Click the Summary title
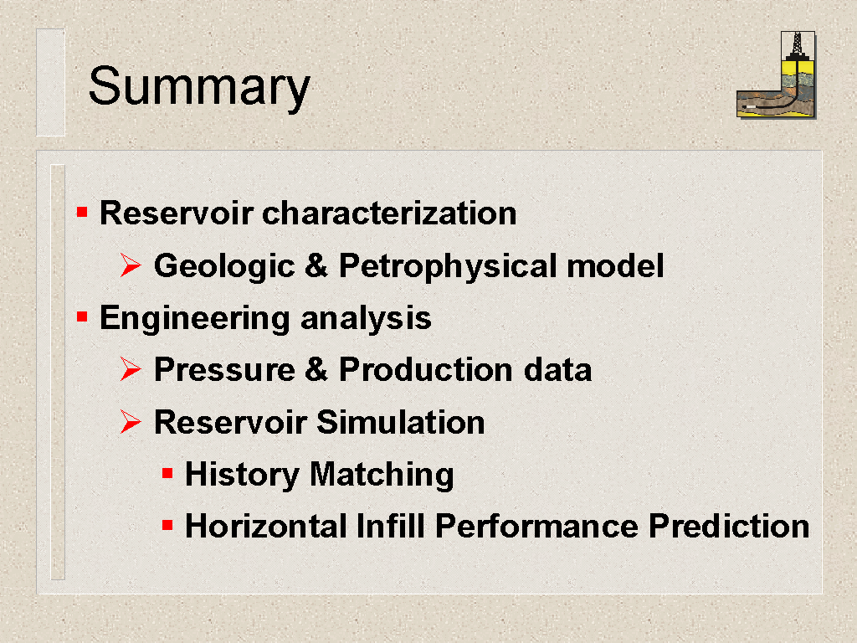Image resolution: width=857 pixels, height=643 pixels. [x=199, y=86]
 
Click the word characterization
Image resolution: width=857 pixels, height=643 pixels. [x=389, y=213]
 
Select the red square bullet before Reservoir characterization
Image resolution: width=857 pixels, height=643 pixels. [x=82, y=212]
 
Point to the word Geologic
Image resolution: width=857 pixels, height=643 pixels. [x=224, y=266]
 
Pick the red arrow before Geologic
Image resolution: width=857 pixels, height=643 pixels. [x=131, y=265]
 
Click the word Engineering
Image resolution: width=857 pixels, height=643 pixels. [x=195, y=319]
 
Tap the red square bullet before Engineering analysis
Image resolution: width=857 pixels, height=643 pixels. [x=82, y=316]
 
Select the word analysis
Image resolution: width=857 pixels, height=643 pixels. [x=366, y=317]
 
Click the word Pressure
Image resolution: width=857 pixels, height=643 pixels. [x=224, y=369]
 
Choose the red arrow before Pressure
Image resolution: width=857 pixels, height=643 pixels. [x=131, y=369]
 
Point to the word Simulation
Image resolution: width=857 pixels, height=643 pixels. [x=401, y=422]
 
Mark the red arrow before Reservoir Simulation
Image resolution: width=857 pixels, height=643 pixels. [x=131, y=422]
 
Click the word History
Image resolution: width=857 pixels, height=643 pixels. [x=242, y=475]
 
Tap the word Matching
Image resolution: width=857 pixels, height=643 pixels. [x=382, y=475]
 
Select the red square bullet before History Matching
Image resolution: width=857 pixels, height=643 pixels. [x=167, y=474]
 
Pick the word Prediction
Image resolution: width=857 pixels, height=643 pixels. [x=729, y=526]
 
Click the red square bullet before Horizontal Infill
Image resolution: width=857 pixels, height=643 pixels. [x=167, y=526]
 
